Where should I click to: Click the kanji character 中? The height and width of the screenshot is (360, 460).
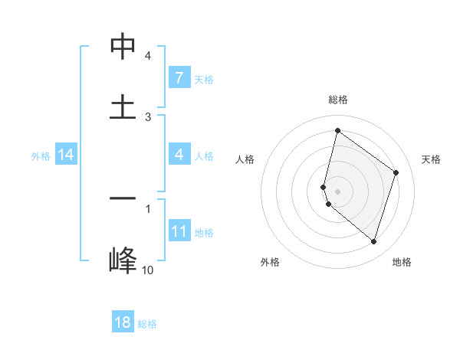[x=123, y=46]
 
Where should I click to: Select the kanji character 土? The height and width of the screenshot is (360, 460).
[x=123, y=106]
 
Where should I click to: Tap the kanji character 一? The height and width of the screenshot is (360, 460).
[x=123, y=198]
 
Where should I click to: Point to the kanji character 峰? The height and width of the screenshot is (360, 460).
[x=123, y=260]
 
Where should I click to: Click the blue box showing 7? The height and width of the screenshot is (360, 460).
[x=179, y=78]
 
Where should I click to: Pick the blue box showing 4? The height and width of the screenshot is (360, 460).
[x=179, y=155]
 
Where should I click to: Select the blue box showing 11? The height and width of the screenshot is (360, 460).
[x=179, y=231]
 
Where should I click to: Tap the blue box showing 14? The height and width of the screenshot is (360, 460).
[x=66, y=155]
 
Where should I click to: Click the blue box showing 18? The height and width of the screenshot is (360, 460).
[x=123, y=322]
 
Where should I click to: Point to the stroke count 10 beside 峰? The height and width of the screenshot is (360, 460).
[x=147, y=270]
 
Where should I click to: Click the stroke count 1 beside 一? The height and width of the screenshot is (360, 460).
[x=148, y=208]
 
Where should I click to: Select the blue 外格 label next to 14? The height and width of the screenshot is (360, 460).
[x=41, y=156]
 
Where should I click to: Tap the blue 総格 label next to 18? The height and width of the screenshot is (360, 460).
[x=147, y=324]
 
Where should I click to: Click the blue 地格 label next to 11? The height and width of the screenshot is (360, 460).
[x=204, y=233]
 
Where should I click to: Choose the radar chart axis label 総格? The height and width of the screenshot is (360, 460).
[x=337, y=100]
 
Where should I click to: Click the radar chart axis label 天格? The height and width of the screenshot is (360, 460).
[x=431, y=159]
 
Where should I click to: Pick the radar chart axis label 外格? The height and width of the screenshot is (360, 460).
[x=270, y=262]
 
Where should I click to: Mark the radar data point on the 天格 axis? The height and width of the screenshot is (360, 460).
[x=396, y=172]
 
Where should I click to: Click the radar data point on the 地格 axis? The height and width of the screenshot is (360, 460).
[x=373, y=241]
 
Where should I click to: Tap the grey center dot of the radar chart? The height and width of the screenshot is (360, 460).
[x=337, y=191]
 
